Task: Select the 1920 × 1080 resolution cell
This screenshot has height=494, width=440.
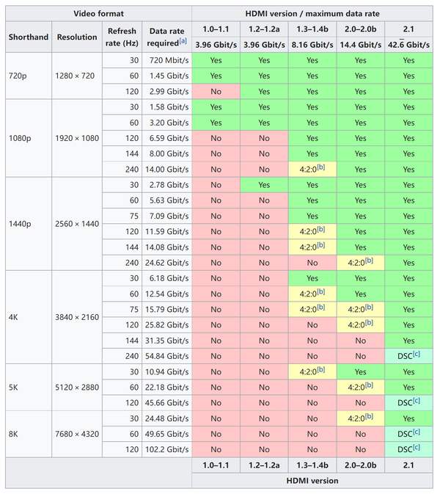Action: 76,137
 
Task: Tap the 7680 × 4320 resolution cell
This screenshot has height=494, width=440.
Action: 76,434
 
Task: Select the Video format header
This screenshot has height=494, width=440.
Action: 98,14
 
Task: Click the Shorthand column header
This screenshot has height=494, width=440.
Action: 29,37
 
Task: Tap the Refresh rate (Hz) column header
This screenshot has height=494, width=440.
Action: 122,37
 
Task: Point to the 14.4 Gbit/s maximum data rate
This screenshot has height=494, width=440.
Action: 360,44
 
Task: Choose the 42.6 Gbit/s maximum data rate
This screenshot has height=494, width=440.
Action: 408,44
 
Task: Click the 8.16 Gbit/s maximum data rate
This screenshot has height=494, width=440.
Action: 312,44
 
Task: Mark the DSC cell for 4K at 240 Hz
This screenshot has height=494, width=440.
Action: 408,355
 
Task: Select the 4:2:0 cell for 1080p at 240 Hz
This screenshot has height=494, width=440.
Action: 312,169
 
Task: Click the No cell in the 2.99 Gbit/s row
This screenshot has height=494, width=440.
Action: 216,91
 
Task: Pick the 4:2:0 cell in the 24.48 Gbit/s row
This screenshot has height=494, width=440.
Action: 360,418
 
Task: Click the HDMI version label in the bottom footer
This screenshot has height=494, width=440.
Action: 312,480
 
